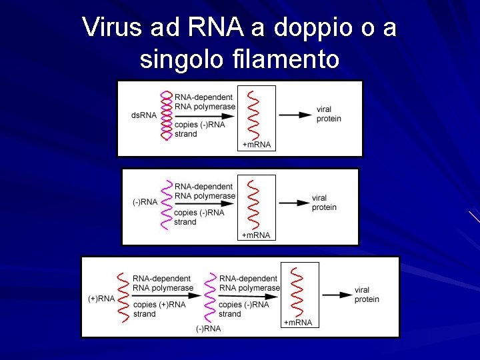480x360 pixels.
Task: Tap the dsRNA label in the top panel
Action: click(x=144, y=115)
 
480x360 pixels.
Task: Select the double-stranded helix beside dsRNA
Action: click(x=166, y=115)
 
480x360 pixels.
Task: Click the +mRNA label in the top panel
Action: click(x=257, y=145)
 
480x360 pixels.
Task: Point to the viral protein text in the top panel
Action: click(x=329, y=114)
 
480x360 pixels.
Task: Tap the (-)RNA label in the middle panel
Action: click(x=145, y=202)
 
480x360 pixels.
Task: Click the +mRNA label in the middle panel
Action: click(x=256, y=235)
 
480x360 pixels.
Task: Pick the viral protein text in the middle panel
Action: click(x=324, y=203)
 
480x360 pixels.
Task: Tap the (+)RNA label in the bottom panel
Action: click(x=101, y=298)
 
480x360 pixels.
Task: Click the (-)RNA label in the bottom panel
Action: click(x=208, y=328)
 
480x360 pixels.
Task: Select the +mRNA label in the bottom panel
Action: click(x=298, y=323)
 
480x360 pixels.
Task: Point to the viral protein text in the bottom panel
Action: click(x=367, y=295)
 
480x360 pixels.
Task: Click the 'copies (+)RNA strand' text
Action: click(x=159, y=309)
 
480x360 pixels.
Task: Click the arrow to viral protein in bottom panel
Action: click(x=336, y=295)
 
